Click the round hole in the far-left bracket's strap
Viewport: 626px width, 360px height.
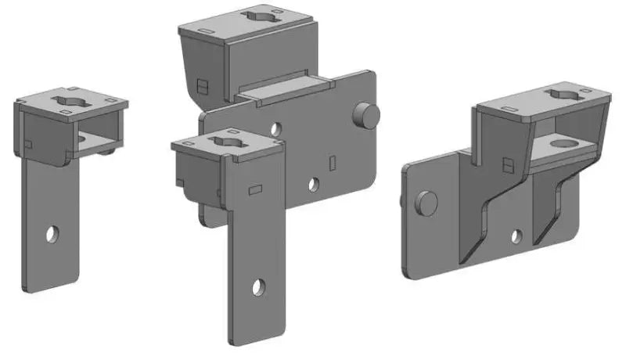tap(52, 233)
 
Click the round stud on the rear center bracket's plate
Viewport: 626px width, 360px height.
tap(366, 115)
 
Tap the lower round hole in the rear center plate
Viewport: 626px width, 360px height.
tap(313, 185)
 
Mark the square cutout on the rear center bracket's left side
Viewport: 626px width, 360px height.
tap(202, 85)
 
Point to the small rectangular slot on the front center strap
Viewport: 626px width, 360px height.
tap(254, 189)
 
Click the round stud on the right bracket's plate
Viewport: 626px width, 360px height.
tap(426, 202)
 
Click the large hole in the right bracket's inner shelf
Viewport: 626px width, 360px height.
tap(563, 143)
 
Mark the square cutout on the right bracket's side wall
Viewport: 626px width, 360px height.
tap(509, 165)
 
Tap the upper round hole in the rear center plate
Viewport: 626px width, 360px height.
tap(275, 128)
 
